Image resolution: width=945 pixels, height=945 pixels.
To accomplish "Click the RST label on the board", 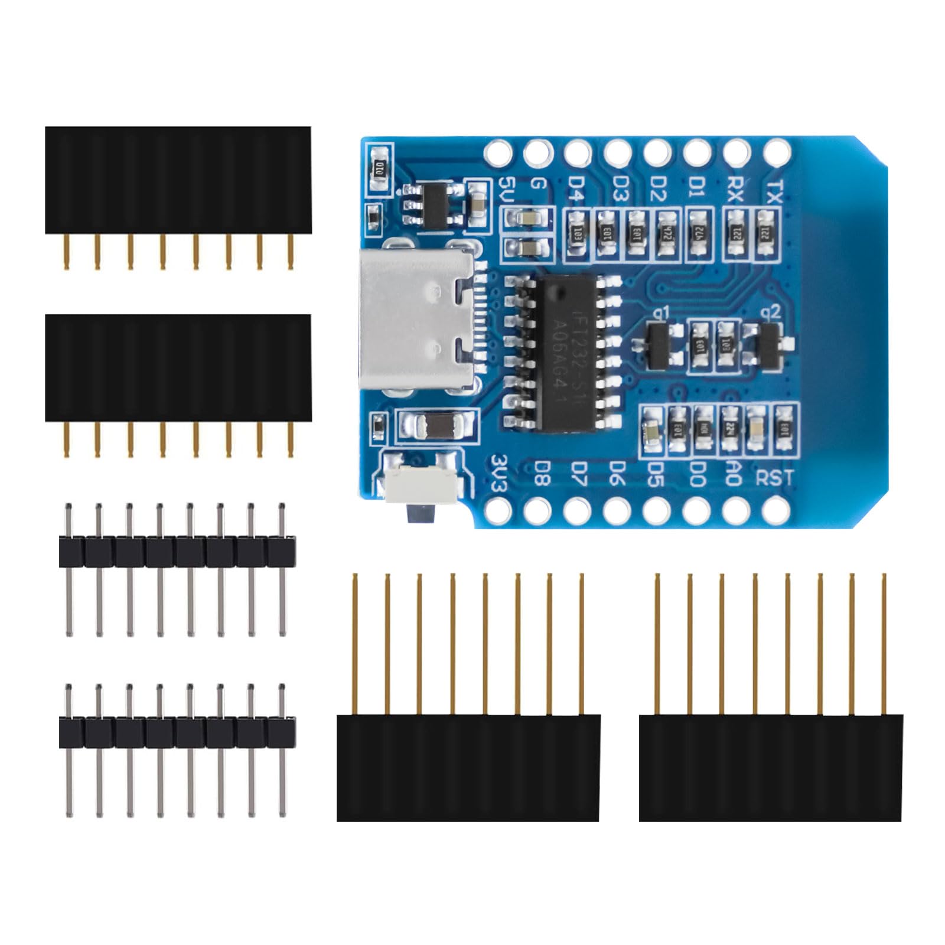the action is click(x=775, y=477).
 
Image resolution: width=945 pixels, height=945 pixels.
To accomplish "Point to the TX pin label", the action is click(x=774, y=190).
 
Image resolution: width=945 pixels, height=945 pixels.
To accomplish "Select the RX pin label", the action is click(x=735, y=189).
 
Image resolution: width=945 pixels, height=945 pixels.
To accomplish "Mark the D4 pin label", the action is click(x=576, y=189).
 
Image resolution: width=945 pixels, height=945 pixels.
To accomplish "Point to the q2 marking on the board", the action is click(x=771, y=311).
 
